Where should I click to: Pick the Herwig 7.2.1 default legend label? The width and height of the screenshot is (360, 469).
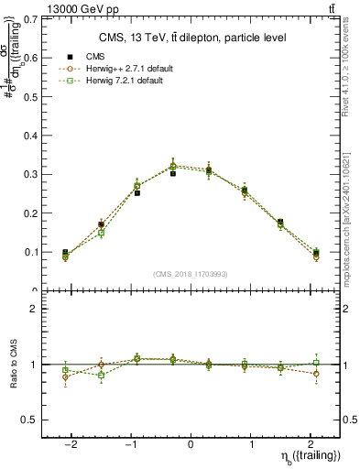[x=129, y=81]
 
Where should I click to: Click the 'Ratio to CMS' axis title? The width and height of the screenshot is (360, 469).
[x=14, y=365]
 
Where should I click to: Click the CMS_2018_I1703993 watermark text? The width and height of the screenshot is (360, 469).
[x=190, y=274]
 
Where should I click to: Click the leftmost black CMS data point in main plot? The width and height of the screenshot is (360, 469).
[x=65, y=252]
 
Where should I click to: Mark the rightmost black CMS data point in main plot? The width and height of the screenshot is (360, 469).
[x=316, y=252]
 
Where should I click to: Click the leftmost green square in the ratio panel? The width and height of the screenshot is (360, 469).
[x=65, y=370]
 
